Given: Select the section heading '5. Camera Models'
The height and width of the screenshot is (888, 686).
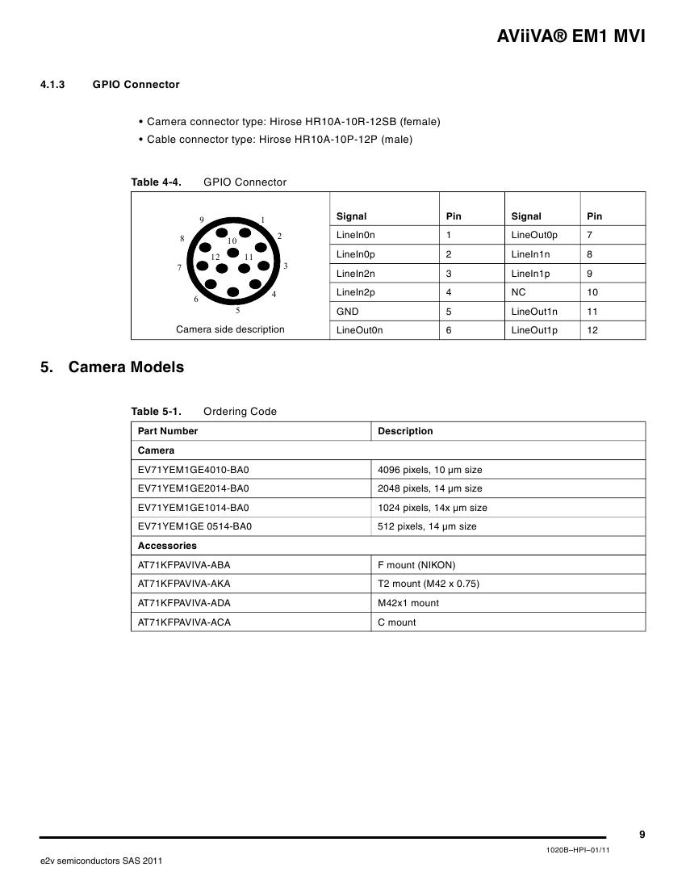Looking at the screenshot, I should point(112,367).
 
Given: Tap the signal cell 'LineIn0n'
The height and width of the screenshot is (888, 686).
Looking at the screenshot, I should point(356,235).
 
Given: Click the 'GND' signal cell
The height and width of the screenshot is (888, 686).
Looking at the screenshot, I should point(348,311).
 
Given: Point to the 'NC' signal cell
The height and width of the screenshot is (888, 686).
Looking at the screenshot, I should point(519,292).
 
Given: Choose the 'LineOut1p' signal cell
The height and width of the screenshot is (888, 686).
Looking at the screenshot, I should point(534,330).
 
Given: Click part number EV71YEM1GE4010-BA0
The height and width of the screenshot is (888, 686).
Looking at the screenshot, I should point(194,470).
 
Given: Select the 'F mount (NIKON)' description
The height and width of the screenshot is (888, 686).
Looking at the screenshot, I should point(416,565).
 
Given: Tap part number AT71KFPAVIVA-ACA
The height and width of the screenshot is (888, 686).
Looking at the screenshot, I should point(184,622).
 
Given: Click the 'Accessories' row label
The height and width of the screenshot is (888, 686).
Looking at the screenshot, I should point(167,546).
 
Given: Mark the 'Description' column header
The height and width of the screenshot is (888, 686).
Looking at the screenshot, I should point(405,431).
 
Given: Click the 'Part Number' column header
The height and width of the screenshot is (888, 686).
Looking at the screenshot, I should point(168,431).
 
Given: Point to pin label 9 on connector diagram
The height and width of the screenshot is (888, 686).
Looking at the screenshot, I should point(202,220).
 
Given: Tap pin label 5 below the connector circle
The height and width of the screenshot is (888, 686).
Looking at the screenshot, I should point(237,310).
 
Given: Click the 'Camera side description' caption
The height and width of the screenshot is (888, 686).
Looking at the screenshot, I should point(230,329).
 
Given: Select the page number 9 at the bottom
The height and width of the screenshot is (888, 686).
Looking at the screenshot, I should point(642,835).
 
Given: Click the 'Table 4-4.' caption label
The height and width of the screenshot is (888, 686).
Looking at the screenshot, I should point(157,182).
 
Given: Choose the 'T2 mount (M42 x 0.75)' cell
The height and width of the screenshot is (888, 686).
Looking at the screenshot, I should point(429,584).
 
